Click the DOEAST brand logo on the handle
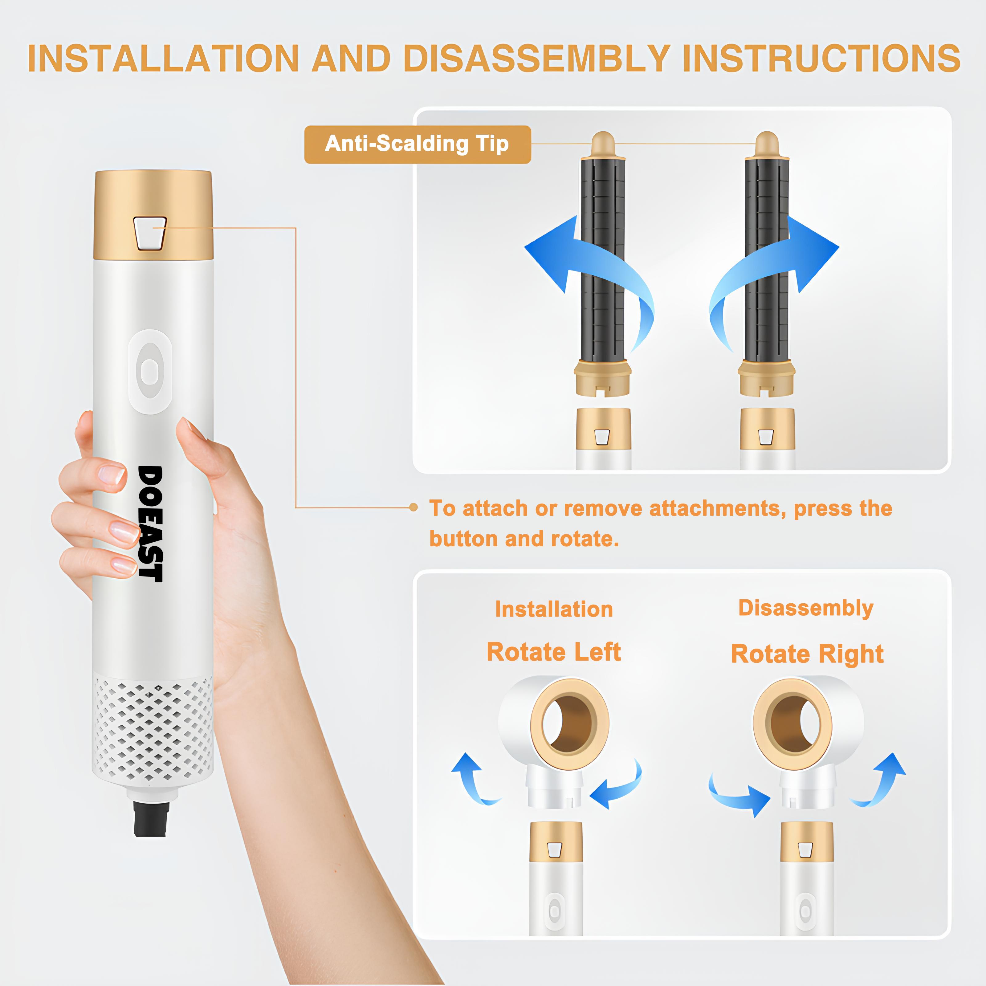click(x=151, y=524)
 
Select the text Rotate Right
click(x=807, y=654)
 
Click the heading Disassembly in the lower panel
click(x=806, y=608)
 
